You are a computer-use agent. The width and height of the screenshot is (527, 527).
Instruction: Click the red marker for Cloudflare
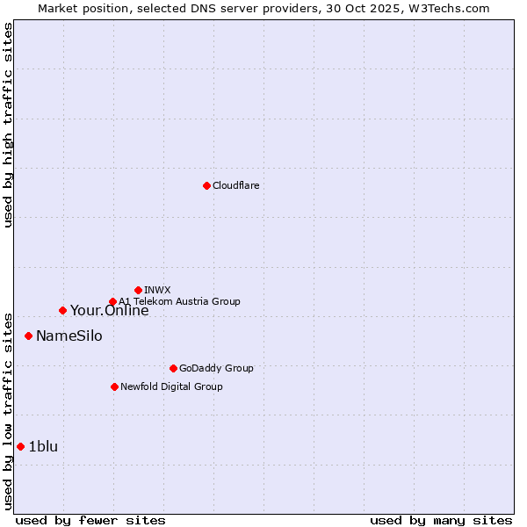pos(206,185)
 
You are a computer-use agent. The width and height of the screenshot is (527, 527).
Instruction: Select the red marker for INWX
pos(138,290)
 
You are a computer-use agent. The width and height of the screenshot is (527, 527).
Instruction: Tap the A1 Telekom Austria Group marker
pos(112,301)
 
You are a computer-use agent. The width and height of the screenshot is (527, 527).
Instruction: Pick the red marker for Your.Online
pos(62,310)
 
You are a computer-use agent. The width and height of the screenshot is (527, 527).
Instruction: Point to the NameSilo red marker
pos(28,336)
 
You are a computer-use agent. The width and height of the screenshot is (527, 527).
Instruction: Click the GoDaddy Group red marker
pos(173,368)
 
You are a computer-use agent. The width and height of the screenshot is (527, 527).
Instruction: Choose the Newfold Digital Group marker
pos(114,386)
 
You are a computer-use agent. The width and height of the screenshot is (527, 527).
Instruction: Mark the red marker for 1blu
pos(20,446)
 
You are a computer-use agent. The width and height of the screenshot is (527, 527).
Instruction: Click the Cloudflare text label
pos(235,185)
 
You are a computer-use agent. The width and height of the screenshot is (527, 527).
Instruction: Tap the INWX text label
pos(157,290)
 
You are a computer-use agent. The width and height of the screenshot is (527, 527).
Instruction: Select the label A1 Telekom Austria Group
pos(179,301)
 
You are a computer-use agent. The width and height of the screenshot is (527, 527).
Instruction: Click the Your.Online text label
pos(109,310)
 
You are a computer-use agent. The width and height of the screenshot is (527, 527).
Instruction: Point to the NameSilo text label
pos(69,336)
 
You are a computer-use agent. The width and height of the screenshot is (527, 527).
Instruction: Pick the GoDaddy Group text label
pos(216,368)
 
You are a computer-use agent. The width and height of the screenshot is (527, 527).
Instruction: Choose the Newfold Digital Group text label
pos(171,386)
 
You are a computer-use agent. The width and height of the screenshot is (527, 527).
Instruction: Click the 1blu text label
pos(43,446)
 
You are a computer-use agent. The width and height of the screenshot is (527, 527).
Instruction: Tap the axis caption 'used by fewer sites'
pos(90,520)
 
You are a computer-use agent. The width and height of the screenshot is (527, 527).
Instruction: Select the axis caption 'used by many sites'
pos(441,520)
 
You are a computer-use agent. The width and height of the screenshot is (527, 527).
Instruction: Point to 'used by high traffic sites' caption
pos(9,125)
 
